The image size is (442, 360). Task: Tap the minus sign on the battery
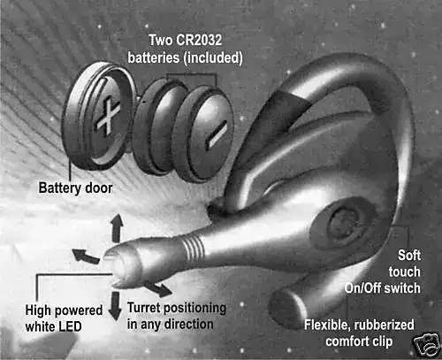[x=217, y=134]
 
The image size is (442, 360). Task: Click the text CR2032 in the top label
[x=198, y=40]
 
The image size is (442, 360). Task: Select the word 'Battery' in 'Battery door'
[x=59, y=188]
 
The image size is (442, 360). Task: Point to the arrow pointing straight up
[x=118, y=228]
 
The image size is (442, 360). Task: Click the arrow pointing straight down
[x=115, y=306]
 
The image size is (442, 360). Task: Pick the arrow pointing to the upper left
[x=86, y=256]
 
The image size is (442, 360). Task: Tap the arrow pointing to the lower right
[x=157, y=288]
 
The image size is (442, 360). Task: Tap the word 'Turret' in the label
[x=144, y=308]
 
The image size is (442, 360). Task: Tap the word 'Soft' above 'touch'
[x=409, y=256]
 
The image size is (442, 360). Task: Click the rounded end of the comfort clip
[x=282, y=308]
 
